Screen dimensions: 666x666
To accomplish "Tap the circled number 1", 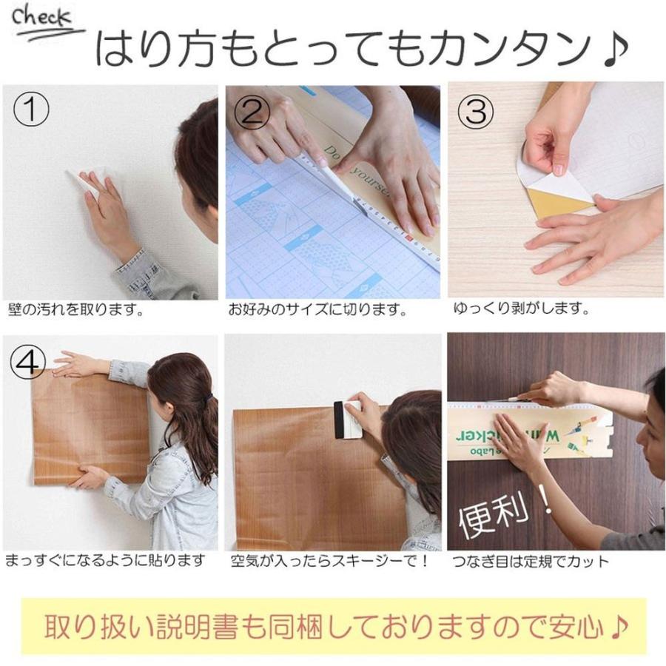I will (x=32, y=112).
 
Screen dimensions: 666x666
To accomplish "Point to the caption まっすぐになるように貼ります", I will (x=105, y=561).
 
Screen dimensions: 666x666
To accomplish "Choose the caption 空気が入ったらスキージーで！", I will (x=330, y=561).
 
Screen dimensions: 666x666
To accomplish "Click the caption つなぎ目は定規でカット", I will (x=531, y=561).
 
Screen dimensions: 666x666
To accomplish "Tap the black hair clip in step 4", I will (x=209, y=400).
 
